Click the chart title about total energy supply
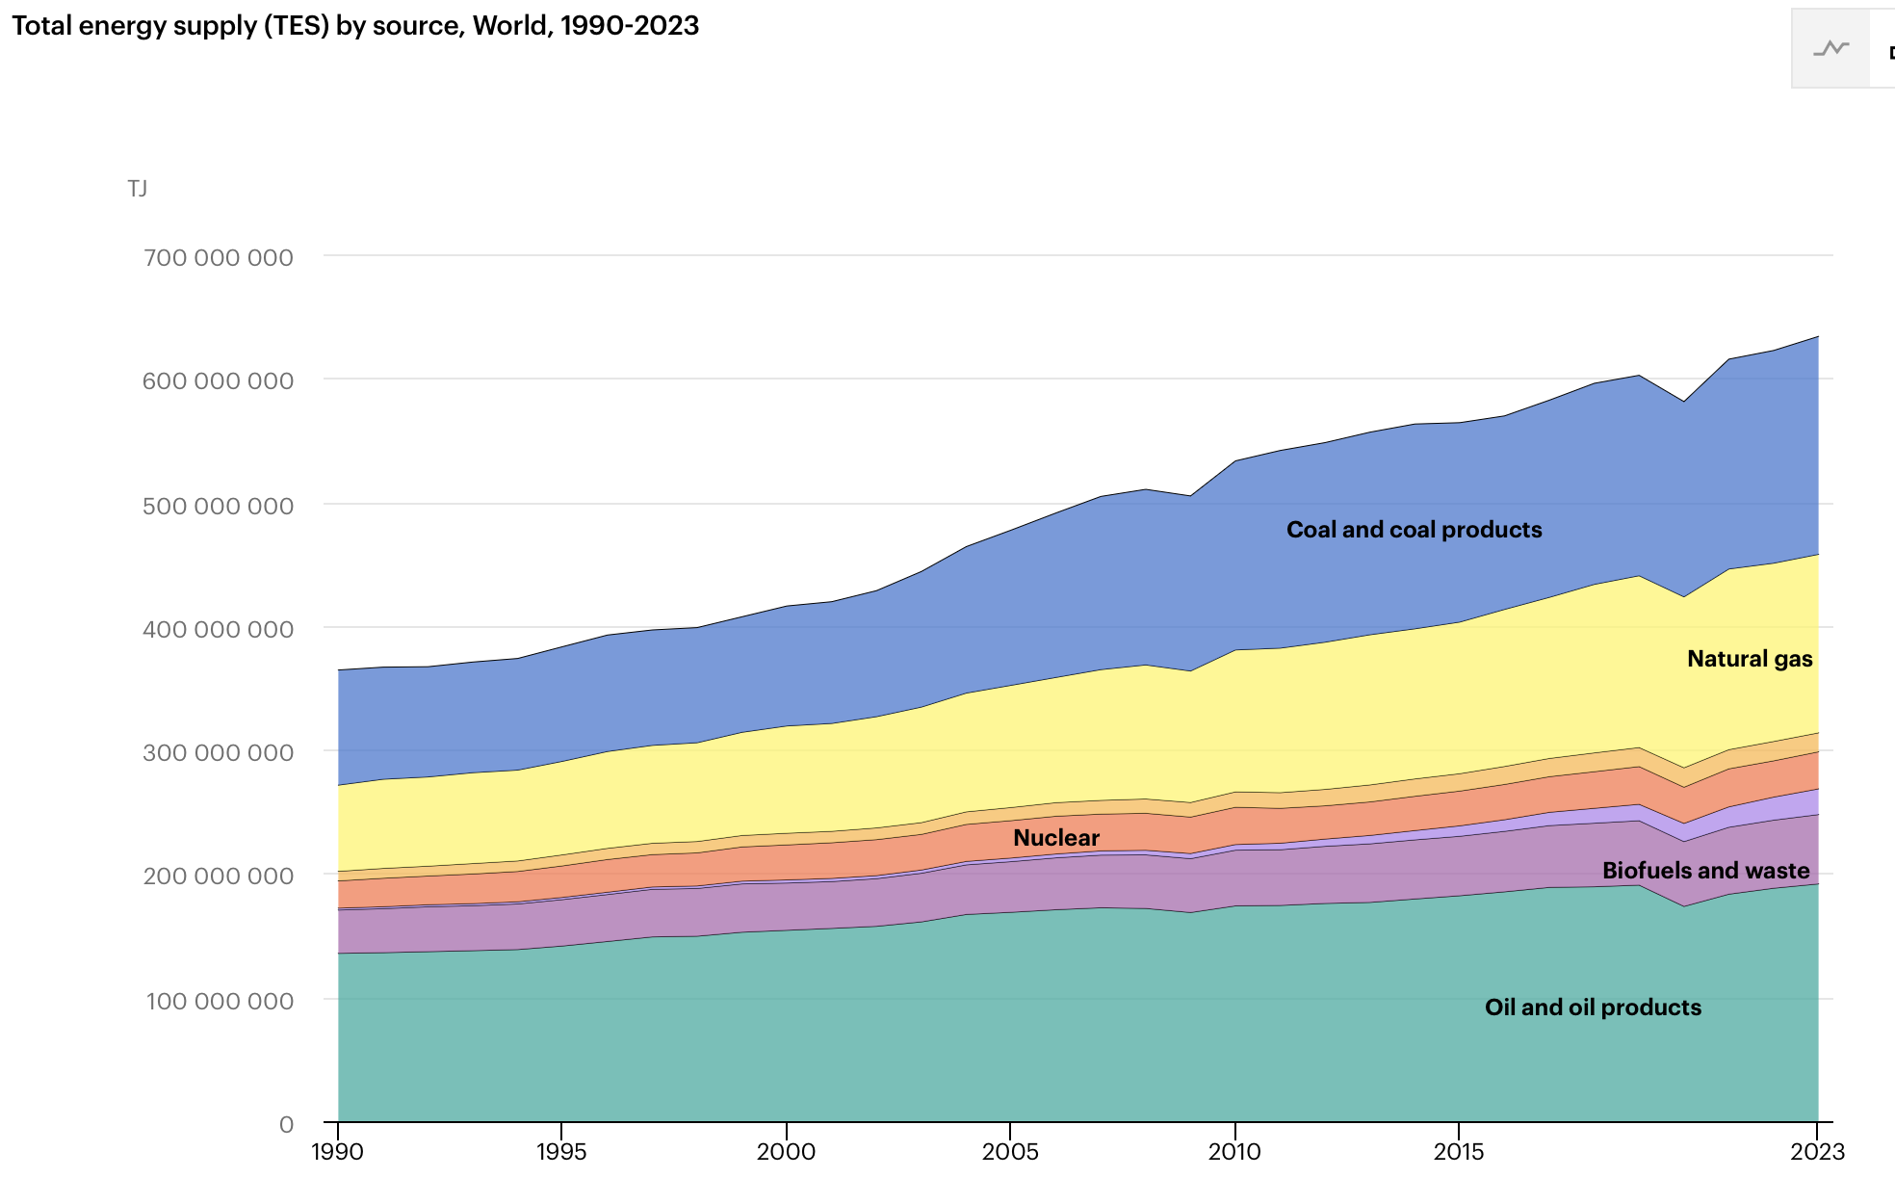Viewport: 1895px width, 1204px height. point(355,25)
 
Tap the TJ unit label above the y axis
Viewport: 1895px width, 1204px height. point(137,189)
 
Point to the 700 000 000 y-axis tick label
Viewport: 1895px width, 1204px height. point(219,258)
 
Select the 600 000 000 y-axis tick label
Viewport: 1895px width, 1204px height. point(219,381)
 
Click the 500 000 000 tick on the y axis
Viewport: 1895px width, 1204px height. point(219,506)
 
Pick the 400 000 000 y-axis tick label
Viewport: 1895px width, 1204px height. point(219,629)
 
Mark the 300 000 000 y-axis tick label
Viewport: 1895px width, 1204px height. point(219,752)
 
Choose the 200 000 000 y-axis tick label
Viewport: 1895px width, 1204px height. point(219,877)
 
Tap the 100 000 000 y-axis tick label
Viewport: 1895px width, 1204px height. point(220,1001)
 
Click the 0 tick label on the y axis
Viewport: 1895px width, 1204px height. point(286,1124)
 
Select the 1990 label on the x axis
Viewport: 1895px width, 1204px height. point(338,1152)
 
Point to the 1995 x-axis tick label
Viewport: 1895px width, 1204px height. point(561,1152)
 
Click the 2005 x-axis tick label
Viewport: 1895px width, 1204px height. point(1010,1152)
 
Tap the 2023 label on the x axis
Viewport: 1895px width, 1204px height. point(1817,1152)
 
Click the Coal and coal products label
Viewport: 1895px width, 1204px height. point(1414,530)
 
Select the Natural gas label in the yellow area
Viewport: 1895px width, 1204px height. point(1750,659)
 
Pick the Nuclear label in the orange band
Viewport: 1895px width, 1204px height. point(1055,838)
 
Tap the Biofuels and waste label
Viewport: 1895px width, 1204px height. point(1705,871)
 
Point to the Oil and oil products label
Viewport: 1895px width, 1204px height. point(1593,1008)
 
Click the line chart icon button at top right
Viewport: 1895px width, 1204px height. point(1830,49)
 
